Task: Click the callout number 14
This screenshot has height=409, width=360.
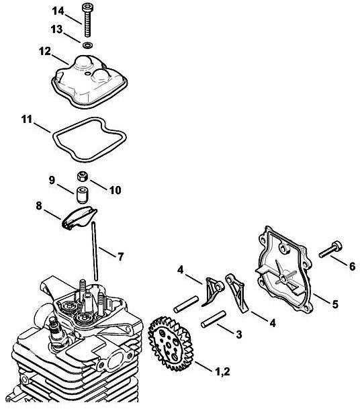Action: [x=58, y=11]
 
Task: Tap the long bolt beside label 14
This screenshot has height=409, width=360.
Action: [x=87, y=20]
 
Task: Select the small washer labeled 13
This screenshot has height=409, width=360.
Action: [x=87, y=45]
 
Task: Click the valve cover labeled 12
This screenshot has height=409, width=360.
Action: [x=89, y=81]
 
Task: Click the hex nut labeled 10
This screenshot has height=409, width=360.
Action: [x=82, y=177]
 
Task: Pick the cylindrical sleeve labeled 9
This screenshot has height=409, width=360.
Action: [x=82, y=195]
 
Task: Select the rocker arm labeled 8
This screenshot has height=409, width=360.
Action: [x=79, y=218]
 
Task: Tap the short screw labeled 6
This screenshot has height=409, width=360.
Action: [x=330, y=249]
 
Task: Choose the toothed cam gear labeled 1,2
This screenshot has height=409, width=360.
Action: [x=170, y=344]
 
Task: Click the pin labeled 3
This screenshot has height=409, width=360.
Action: [x=214, y=319]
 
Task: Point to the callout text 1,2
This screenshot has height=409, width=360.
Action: [x=222, y=371]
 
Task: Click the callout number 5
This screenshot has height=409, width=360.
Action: [x=335, y=304]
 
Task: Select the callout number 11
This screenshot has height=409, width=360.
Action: [x=27, y=120]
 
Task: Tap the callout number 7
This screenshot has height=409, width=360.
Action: [x=120, y=257]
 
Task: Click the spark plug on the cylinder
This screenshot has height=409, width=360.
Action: [x=57, y=333]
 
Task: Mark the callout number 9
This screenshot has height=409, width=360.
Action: [x=52, y=180]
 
